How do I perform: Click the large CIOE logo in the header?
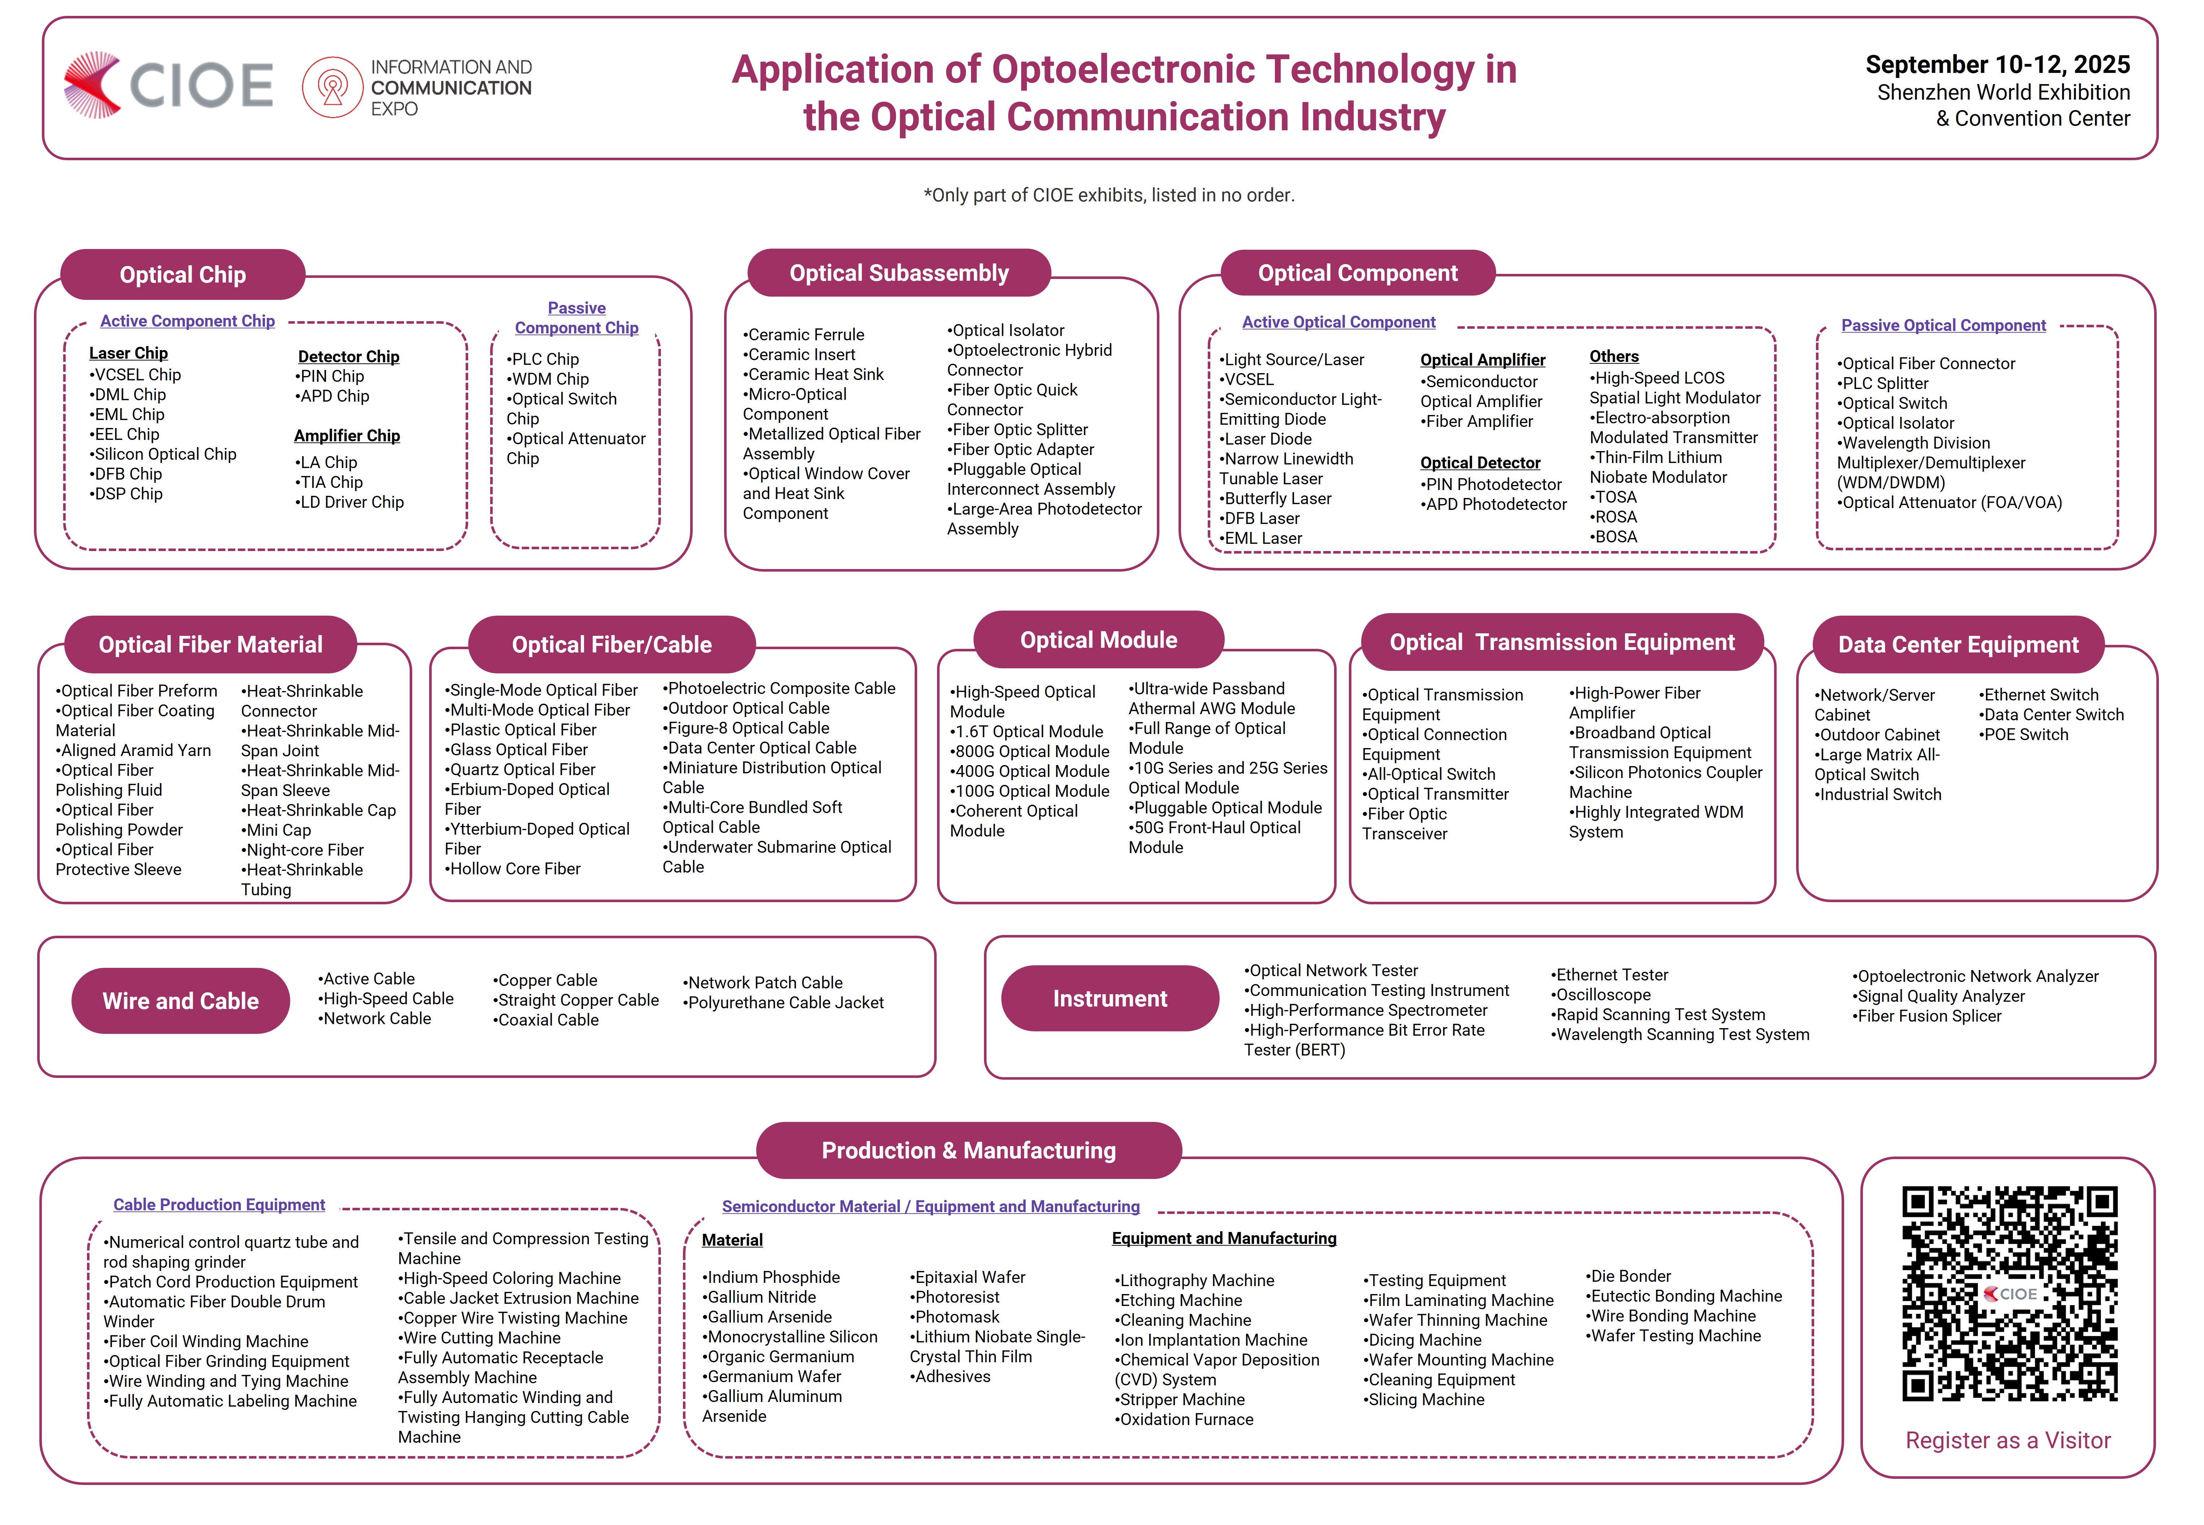pos(168,85)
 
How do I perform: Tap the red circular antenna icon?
pos(332,87)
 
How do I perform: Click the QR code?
pos(2009,1294)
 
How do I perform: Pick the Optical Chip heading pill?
pos(183,275)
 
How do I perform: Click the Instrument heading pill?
pos(1110,999)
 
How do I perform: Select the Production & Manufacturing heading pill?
pos(968,1150)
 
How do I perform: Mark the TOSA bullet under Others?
pos(1613,497)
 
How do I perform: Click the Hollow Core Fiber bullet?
pos(512,869)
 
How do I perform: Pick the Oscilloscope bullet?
pos(1601,995)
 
